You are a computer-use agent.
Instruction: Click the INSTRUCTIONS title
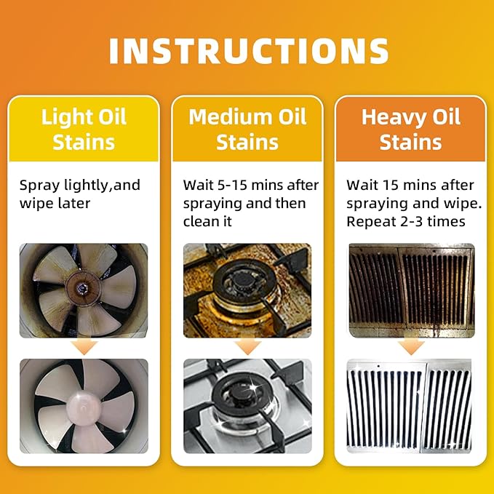coord(249,51)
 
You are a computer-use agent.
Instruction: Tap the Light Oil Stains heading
coord(84,130)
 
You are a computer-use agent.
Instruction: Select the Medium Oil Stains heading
coord(247,130)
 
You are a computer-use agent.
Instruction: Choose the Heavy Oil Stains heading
coord(411,130)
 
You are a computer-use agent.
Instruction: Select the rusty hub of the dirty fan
coord(84,288)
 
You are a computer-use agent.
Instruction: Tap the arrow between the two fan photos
coord(84,347)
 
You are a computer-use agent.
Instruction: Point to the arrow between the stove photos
coord(247,347)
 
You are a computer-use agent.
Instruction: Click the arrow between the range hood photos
coord(411,347)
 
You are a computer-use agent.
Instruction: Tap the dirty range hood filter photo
coord(412,290)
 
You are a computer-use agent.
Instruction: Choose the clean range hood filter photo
coord(410,406)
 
